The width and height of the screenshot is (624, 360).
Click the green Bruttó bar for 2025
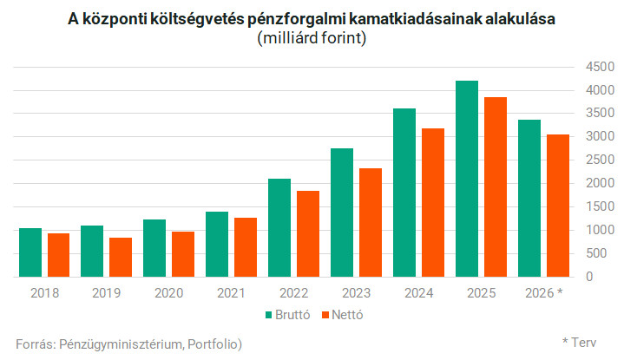click(467, 179)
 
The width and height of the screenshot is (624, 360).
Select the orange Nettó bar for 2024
click(433, 202)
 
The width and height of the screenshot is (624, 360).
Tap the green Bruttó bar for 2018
click(30, 252)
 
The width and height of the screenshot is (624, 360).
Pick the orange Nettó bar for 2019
click(121, 257)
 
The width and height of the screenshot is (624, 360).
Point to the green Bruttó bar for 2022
click(279, 227)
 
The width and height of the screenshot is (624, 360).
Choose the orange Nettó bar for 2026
click(558, 206)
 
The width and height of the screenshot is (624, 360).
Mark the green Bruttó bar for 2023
click(342, 213)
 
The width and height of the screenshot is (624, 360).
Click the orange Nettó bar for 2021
click(246, 247)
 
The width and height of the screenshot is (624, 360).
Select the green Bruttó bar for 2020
click(154, 248)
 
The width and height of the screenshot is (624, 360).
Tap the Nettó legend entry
click(340, 314)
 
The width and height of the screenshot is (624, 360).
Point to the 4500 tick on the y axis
click(590, 67)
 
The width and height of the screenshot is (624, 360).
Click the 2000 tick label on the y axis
click(590, 184)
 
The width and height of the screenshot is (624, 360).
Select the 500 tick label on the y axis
click(594, 253)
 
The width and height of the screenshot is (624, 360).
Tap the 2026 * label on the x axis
click(542, 293)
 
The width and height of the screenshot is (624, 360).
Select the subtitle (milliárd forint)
click(312, 39)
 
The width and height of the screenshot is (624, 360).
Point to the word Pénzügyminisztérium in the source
click(117, 344)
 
